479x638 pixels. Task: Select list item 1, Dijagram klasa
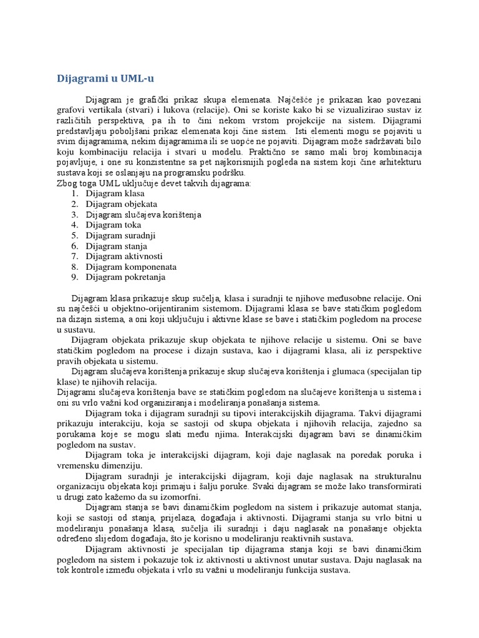[x=115, y=193]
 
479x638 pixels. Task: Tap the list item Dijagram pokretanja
[x=126, y=277]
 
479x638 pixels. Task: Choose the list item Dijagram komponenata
[x=131, y=266]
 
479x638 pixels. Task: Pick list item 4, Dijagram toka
[x=114, y=224]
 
